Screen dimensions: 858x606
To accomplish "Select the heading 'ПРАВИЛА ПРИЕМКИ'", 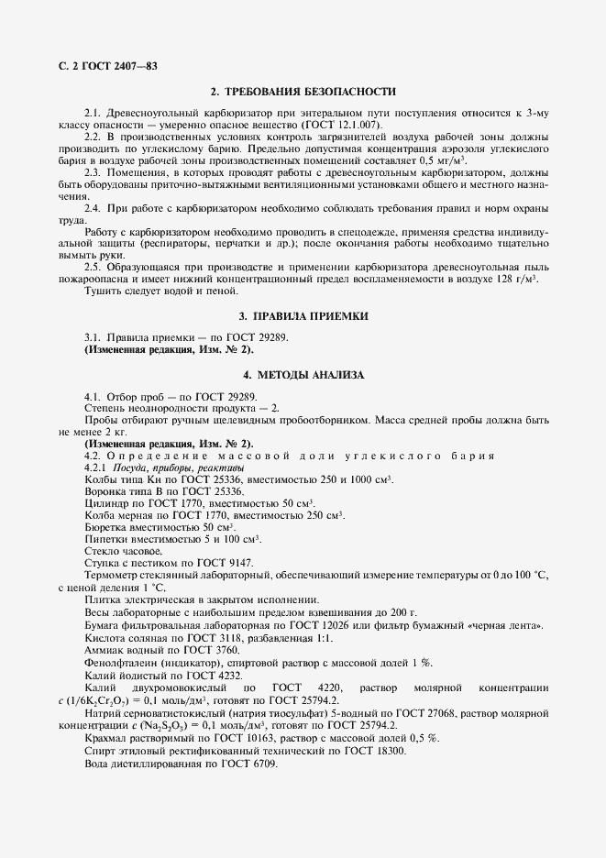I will (312, 316).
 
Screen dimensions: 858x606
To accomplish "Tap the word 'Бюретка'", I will (107, 527).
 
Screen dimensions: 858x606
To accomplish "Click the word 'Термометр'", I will (115, 575).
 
